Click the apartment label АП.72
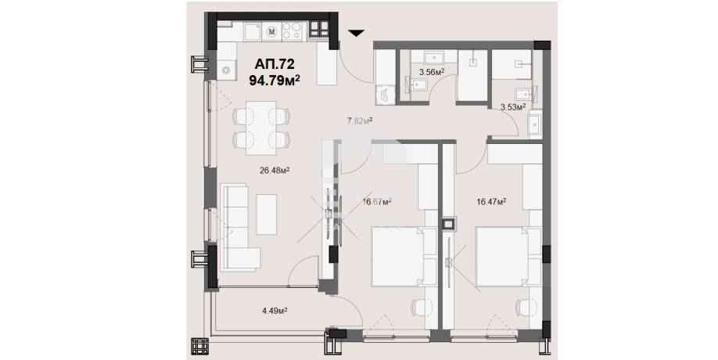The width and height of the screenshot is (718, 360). coord(275,63)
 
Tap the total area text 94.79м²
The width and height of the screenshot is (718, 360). coord(275,80)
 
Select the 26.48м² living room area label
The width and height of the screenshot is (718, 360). coord(275,171)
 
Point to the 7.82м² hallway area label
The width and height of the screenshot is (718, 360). coord(360,121)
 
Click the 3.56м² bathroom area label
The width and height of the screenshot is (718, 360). coord(433,71)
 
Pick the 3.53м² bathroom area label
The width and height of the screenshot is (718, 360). coord(513,107)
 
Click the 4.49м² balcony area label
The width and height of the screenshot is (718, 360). coord(275,311)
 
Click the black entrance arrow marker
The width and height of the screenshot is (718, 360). coord(356,33)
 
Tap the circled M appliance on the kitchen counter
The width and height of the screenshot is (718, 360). coord(272,31)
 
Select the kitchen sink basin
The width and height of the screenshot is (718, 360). coord(253,32)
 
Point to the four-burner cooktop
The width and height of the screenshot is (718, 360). coord(292,31)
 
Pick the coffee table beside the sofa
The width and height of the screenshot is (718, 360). coord(266,214)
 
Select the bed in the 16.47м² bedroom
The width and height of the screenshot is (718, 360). coord(508,257)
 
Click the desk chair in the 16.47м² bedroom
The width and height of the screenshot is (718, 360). coord(526,308)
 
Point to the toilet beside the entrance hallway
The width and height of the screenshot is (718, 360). coord(384,95)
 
